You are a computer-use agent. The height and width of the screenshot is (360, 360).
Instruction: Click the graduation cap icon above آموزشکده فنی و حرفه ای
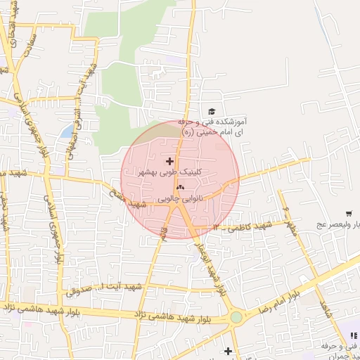(211, 112)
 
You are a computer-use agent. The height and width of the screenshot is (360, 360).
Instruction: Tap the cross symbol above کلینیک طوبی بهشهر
(169, 161)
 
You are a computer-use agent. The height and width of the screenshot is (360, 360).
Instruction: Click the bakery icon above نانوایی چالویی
(180, 187)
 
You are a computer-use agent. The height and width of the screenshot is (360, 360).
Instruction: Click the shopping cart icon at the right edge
(349, 213)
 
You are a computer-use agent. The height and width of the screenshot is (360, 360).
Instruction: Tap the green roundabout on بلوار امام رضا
(236, 317)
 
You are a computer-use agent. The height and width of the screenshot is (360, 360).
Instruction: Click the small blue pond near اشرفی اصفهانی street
(66, 131)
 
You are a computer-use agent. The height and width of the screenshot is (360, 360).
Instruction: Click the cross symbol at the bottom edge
(228, 350)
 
